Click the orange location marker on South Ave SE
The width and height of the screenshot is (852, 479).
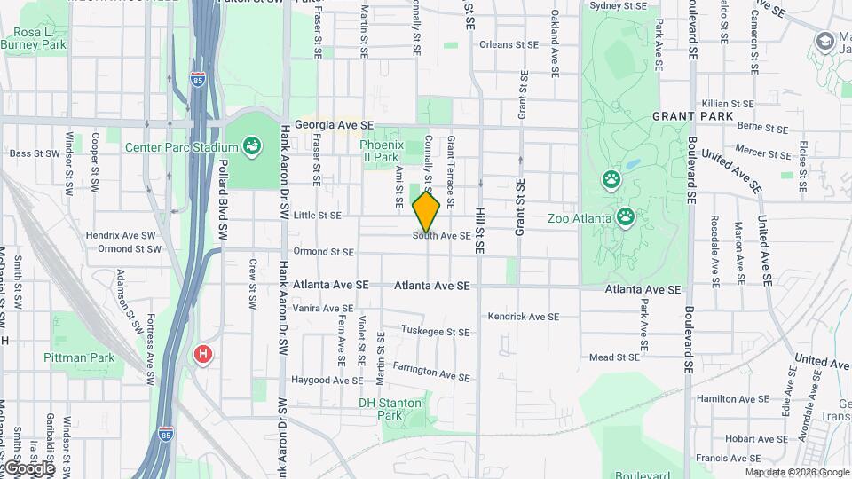click(426, 212)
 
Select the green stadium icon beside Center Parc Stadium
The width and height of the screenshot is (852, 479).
click(251, 145)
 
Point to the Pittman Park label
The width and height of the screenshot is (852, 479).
click(79, 357)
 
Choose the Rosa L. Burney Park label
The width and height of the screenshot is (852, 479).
click(34, 37)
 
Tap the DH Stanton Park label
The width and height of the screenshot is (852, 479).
click(390, 408)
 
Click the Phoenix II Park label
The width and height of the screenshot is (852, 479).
click(381, 151)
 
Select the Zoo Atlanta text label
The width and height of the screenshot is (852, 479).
click(579, 217)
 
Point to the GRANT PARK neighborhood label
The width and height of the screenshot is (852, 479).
click(692, 116)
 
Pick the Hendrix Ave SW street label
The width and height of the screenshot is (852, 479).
click(121, 235)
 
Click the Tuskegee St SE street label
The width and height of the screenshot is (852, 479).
click(434, 332)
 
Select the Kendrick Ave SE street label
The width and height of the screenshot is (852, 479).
click(523, 316)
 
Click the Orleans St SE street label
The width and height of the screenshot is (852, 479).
click(509, 43)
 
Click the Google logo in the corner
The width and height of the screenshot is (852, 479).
click(28, 467)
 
